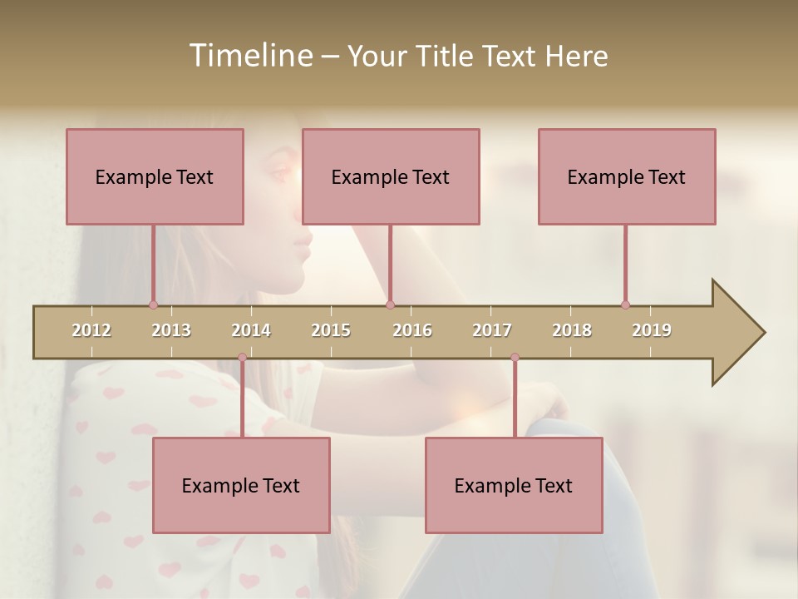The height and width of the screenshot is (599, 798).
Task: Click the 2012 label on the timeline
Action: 91,330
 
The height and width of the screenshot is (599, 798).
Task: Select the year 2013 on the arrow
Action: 171,330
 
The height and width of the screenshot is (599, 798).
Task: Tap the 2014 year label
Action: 251,330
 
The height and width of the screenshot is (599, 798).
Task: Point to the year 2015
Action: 331,330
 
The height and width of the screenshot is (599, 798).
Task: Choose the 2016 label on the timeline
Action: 412,330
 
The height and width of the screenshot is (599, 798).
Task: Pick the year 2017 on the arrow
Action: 492,330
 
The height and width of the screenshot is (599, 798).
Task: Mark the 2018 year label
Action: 572,330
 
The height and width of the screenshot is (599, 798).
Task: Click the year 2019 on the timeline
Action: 652,330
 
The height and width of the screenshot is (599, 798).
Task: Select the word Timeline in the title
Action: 249,56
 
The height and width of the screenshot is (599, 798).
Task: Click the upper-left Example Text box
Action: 155,176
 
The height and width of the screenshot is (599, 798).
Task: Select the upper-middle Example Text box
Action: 391,176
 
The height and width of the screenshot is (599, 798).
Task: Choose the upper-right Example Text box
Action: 627,176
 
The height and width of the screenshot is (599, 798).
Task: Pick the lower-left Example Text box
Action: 241,485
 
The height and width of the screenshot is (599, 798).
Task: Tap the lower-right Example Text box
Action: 514,485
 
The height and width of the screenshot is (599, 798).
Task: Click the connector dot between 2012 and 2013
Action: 153,304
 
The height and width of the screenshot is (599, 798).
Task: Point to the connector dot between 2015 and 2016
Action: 391,304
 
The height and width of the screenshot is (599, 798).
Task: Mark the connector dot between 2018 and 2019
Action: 625,304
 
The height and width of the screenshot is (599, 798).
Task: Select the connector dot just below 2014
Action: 242,358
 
